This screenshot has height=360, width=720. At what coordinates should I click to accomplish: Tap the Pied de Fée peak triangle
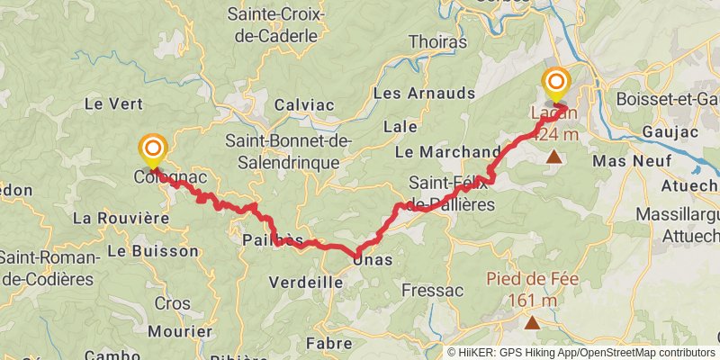[x=533, y=322]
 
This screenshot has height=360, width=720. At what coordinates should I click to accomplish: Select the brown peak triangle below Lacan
[x=554, y=158]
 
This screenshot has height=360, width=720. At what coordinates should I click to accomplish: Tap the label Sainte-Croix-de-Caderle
[x=273, y=27]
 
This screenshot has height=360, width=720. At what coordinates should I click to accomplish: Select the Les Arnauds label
[x=423, y=94]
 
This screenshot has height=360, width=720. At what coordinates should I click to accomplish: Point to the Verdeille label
[x=306, y=283]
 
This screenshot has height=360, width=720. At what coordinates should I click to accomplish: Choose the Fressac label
[x=432, y=291]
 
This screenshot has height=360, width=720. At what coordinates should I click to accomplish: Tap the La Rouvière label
[x=121, y=218]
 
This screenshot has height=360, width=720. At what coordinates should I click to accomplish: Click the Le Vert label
[x=108, y=104]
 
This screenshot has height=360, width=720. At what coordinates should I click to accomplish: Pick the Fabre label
[x=328, y=343]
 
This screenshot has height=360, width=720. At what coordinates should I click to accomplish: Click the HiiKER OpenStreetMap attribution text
[x=581, y=353]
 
